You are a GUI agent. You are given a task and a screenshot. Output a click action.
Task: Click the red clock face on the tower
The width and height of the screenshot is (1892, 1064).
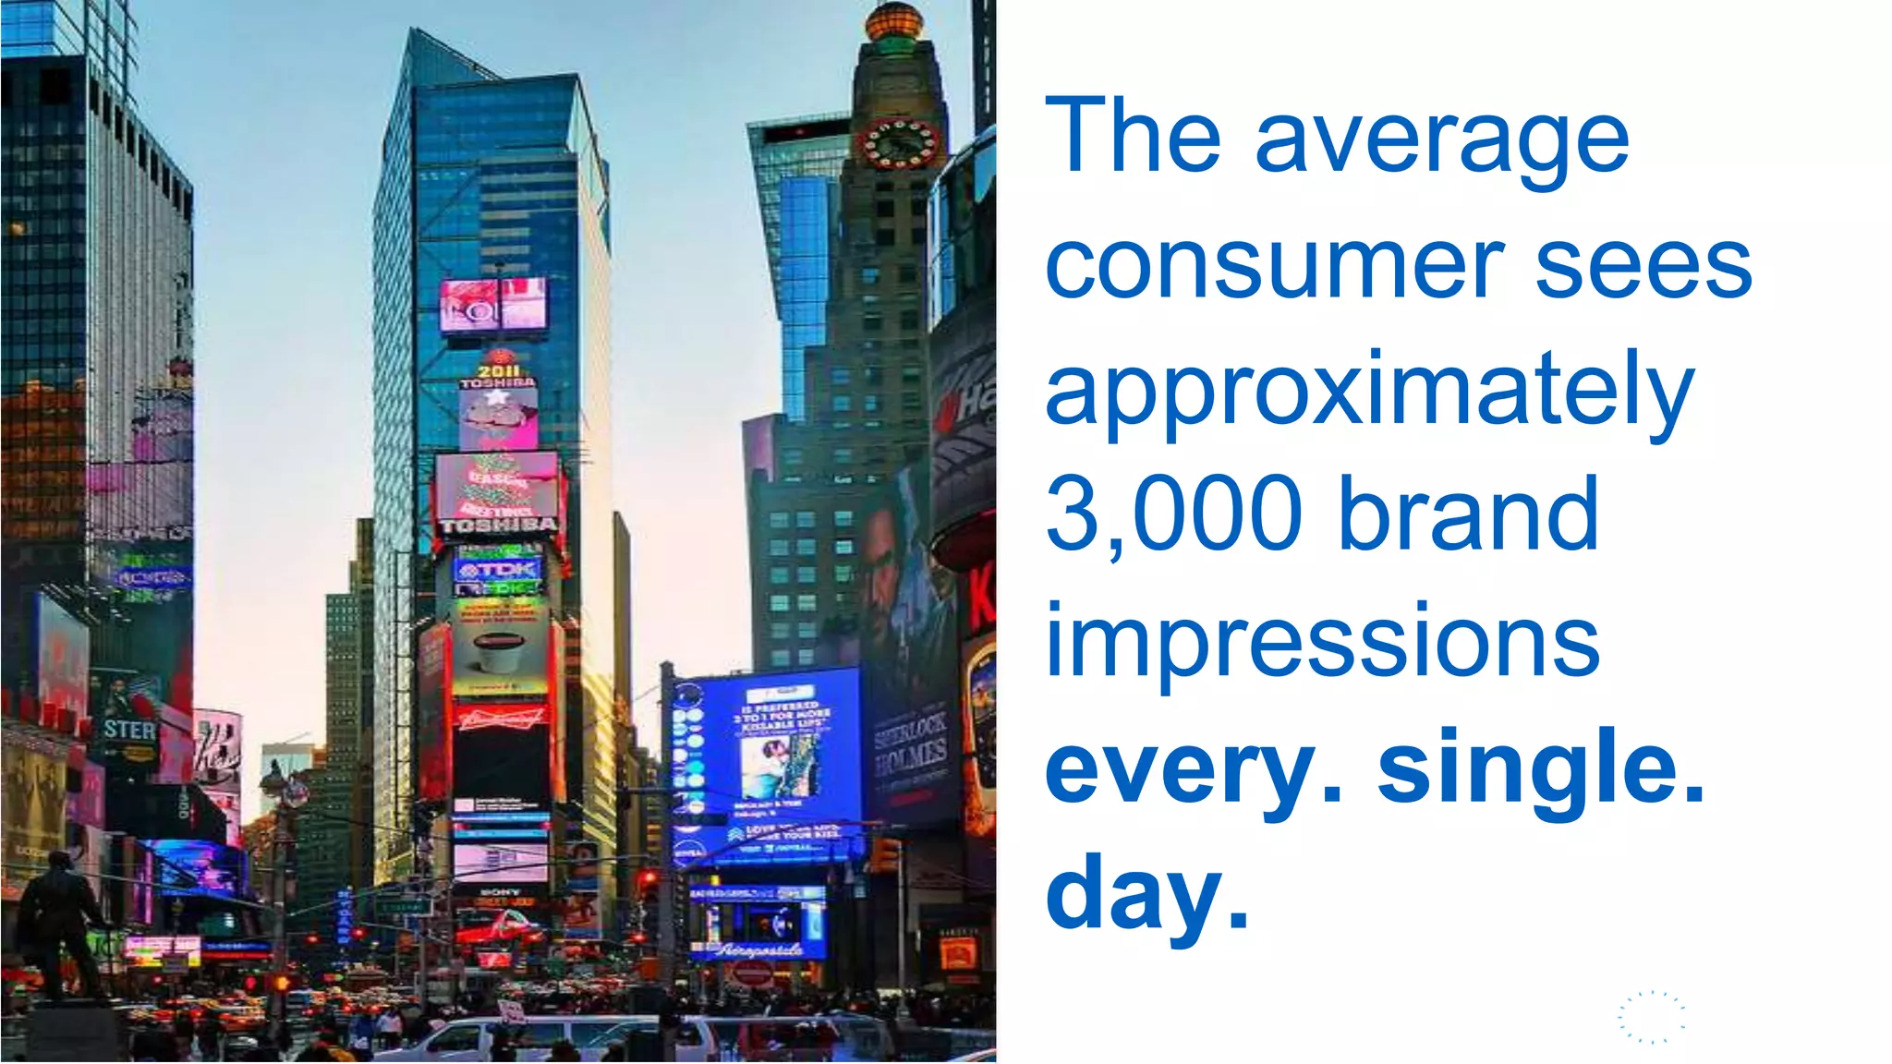pos(898,143)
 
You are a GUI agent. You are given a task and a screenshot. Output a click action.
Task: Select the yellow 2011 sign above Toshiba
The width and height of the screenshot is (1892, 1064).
pos(498,370)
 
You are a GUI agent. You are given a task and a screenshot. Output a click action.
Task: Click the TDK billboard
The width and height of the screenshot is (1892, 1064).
pos(498,570)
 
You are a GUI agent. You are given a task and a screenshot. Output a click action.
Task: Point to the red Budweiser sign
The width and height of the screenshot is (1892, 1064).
pos(500,717)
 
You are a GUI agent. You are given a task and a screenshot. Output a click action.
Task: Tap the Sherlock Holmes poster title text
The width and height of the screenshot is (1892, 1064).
pos(911,743)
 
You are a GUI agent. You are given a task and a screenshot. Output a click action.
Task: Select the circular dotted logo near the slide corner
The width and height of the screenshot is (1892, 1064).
pos(1651,1018)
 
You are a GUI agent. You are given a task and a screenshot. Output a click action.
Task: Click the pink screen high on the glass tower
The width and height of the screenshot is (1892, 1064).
pos(493,304)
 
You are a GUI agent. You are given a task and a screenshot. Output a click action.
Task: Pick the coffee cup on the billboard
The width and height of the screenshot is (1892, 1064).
pos(498,651)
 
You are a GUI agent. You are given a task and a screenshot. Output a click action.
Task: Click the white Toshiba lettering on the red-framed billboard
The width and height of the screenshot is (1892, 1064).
pos(499,526)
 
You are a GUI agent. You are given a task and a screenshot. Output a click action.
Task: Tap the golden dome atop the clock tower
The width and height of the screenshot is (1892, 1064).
pos(893,20)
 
